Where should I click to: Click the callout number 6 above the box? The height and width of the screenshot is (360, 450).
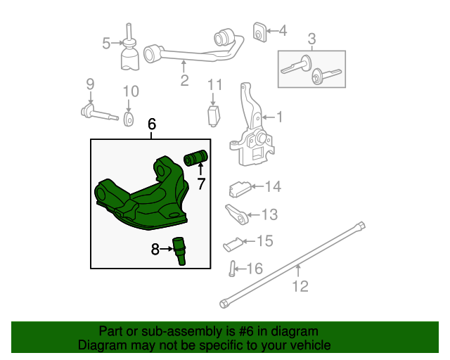coord(152,124)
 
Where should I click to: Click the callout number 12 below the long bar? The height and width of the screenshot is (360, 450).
coord(300,286)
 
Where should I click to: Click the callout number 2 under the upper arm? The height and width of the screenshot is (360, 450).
coord(184,81)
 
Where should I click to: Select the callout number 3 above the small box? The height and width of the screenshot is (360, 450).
coord(311,39)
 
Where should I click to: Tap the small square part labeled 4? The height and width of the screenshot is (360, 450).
coord(259,31)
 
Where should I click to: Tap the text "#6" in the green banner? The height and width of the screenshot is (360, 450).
coord(227,331)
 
